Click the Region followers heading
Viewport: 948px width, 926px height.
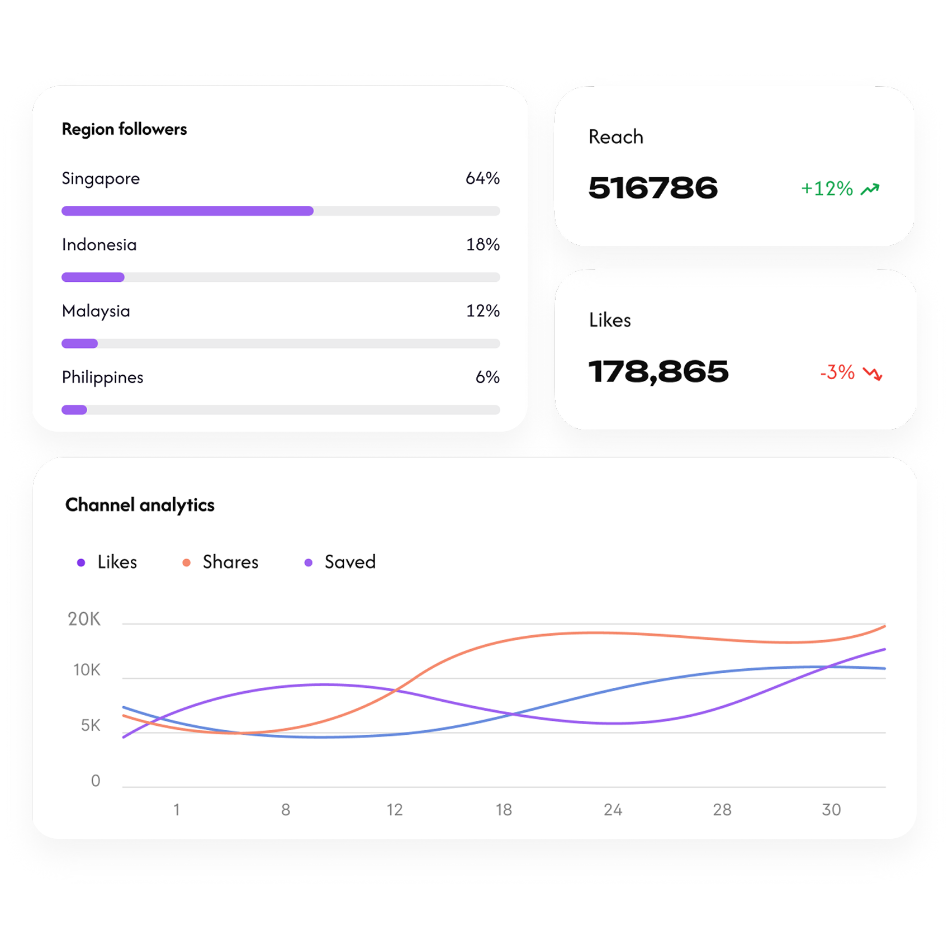124,129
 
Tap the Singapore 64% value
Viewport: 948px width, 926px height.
482,178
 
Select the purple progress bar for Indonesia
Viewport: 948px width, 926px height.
93,277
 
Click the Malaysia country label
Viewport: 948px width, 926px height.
96,311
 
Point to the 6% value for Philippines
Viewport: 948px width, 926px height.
487,377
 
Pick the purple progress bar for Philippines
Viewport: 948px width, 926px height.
74,410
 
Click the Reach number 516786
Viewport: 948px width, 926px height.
653,188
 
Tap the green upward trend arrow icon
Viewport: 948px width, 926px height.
870,190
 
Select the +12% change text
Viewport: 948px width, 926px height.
827,189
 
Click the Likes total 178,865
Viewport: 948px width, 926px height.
658,372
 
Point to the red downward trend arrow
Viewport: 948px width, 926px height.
872,373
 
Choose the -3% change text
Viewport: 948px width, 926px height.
837,372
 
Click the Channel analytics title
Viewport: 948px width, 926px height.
140,505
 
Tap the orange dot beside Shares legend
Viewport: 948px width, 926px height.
187,563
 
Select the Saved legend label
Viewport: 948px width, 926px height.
350,562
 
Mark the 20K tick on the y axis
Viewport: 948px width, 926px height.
84,619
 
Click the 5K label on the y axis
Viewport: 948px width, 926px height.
90,725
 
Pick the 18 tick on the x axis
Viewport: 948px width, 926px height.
504,810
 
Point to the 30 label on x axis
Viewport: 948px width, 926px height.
831,810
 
